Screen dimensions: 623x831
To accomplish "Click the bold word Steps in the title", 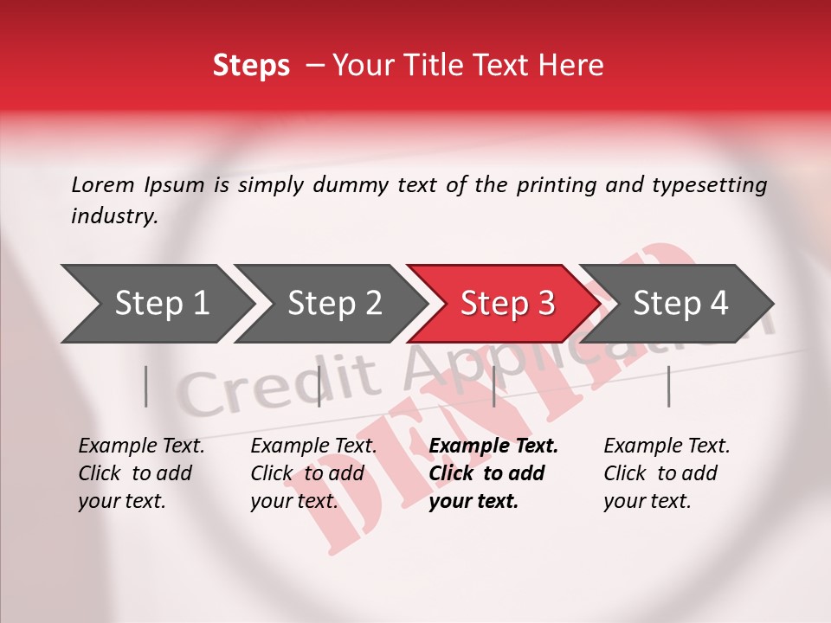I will coord(251,66).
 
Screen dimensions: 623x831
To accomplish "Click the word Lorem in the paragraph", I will coord(103,184).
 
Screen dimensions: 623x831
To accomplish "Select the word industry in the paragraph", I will coord(113,215).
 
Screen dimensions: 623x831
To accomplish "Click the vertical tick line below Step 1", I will coord(146,386).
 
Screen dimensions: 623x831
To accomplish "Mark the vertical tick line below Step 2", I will coord(319,386).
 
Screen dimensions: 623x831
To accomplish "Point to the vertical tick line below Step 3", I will coord(493,386).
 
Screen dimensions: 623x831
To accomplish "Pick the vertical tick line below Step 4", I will coord(669,386).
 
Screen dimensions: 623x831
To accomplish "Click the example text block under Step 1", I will coord(141,473).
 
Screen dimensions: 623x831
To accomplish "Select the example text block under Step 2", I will coord(313,473).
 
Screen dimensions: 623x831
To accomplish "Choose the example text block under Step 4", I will coord(667,473).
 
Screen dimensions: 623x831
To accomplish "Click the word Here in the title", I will coord(575,66).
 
